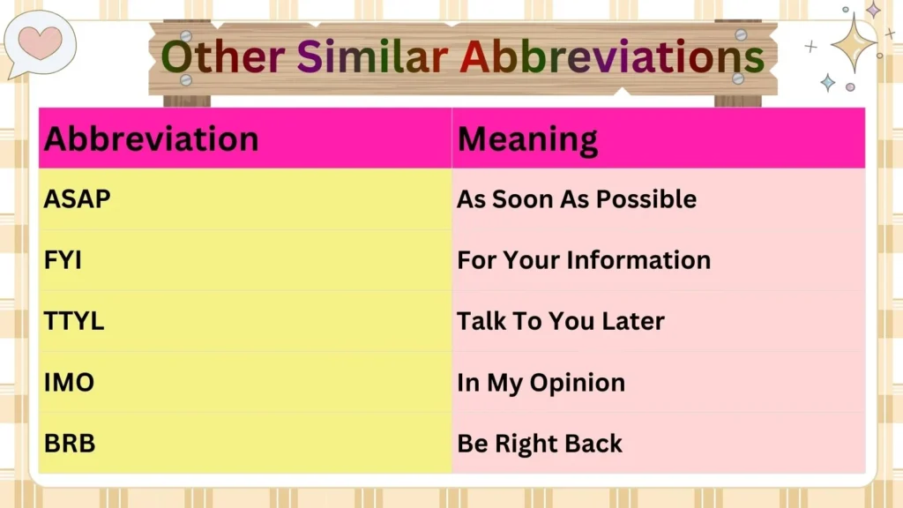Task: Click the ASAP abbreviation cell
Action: click(x=78, y=199)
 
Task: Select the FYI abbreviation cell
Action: click(x=63, y=260)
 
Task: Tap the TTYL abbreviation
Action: click(x=74, y=321)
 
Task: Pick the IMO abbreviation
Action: click(x=69, y=383)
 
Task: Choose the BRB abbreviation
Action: click(x=69, y=443)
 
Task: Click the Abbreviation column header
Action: click(x=151, y=139)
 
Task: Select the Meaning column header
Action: click(x=527, y=139)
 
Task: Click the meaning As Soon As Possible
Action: click(x=576, y=199)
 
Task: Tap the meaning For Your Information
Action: click(x=583, y=260)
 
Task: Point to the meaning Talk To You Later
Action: click(x=560, y=321)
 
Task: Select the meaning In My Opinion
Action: click(x=541, y=383)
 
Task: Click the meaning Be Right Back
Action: click(x=539, y=443)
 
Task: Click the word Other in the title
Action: click(x=222, y=57)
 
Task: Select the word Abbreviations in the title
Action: click(x=611, y=57)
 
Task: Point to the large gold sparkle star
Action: click(x=853, y=42)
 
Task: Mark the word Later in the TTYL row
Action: click(x=632, y=321)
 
